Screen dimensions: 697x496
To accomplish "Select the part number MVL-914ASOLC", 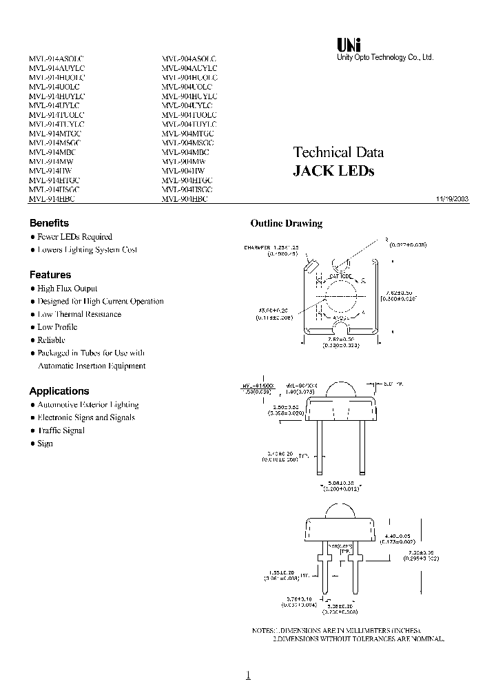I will coord(56,59).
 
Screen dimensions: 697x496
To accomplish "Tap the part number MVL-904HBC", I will coord(184,198).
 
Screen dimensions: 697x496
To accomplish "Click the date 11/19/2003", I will coord(452,198).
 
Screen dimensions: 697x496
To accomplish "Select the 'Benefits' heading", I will coord(49,223).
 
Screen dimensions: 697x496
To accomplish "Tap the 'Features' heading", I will coord(50,275).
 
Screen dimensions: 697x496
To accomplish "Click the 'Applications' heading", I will coord(59,391).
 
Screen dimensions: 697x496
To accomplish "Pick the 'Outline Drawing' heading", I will coord(286,223).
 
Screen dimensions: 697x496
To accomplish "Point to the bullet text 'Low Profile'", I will coord(57,327).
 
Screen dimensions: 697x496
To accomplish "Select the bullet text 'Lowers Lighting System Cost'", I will coord(87,249).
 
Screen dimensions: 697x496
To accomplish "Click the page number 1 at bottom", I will coord(248,676).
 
